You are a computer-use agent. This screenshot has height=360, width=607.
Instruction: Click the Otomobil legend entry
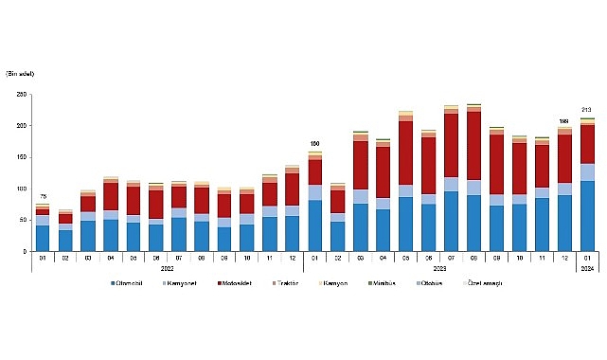coord(130,282)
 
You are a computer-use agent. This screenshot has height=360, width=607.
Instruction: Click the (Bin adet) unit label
coord(21,72)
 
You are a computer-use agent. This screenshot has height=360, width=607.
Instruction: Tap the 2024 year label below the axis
coord(586,268)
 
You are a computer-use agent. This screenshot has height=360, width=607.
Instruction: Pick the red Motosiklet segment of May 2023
coord(405,153)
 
